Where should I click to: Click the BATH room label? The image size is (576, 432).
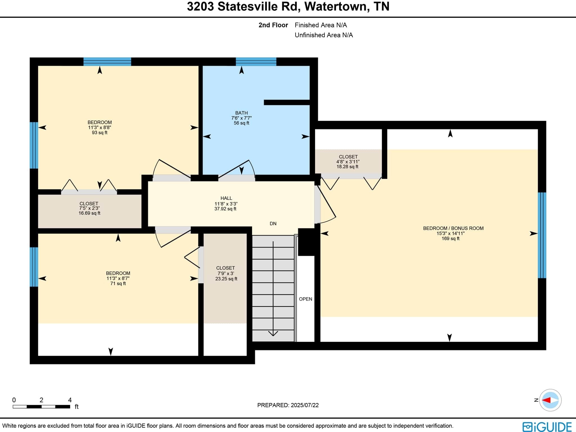[241, 113]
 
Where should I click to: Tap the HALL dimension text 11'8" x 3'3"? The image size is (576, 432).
[226, 204]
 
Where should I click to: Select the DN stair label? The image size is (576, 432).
[273, 224]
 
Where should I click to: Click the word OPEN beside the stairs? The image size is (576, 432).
[305, 299]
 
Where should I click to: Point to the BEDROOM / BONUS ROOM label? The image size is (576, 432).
[453, 228]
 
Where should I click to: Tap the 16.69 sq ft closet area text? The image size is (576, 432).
[89, 213]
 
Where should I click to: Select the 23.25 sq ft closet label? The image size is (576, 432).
[226, 279]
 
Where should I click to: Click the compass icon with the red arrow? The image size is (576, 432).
[550, 400]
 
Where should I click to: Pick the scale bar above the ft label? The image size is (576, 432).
[41, 407]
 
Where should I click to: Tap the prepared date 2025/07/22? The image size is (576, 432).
[305, 405]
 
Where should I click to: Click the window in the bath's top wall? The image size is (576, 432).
[256, 62]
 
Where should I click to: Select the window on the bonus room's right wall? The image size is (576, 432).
[542, 235]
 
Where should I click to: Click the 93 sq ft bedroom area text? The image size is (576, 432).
[100, 133]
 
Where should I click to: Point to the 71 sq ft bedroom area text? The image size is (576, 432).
[118, 283]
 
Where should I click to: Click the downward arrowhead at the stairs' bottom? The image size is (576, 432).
[273, 333]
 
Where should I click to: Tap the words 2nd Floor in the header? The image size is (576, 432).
[273, 25]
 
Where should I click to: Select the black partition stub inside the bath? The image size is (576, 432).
[287, 102]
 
